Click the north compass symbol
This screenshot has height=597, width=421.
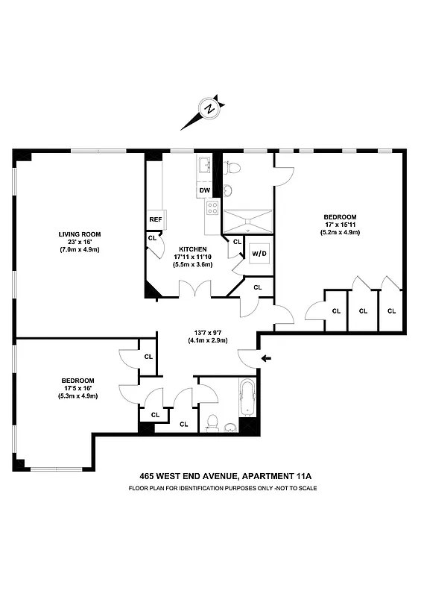point(211,108)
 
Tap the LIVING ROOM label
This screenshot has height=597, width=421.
point(80,234)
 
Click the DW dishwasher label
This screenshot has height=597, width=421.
point(204,191)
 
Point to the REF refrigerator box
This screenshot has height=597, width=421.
point(156,219)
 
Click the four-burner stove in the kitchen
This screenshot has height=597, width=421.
point(212,208)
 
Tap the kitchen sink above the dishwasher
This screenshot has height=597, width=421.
point(205,168)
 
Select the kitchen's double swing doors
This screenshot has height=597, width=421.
point(194,288)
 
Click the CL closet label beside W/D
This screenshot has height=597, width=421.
point(237,242)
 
